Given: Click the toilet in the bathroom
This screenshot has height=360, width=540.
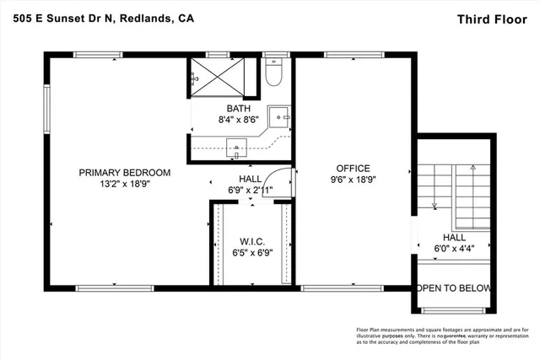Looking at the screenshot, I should point(272,76).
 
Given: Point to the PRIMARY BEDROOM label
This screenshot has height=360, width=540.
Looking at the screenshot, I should point(125,173).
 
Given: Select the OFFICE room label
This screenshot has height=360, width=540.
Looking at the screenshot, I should point(353,168).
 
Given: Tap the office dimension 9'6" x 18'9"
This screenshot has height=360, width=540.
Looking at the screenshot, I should point(353,180).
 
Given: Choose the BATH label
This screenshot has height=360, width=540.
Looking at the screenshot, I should point(239,109).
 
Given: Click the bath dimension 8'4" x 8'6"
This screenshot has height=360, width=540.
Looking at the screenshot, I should point(239,121).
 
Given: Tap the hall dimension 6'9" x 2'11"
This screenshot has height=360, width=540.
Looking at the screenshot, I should point(250,191).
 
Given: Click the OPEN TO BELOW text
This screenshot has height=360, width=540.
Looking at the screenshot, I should point(454,288).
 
